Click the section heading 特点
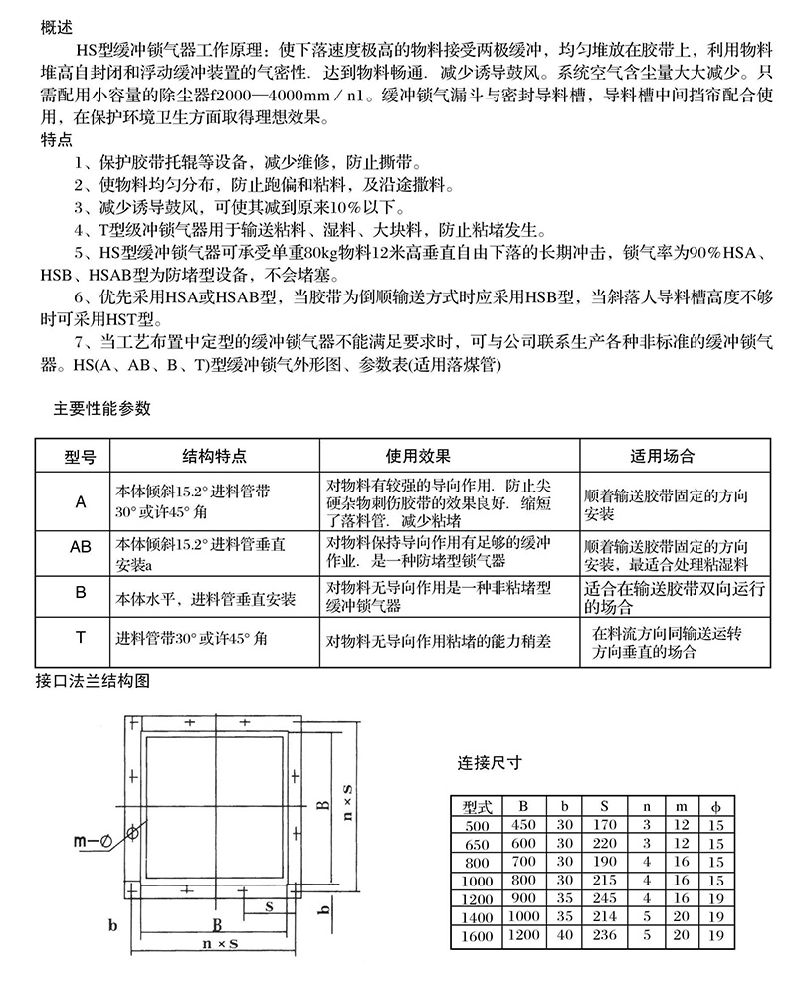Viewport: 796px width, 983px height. [x=57, y=138]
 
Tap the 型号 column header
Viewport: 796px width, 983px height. [x=80, y=456]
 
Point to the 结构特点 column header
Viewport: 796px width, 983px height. [x=214, y=456]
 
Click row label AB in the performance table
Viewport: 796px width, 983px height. [x=80, y=548]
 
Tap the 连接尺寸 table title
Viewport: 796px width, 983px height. [x=490, y=764]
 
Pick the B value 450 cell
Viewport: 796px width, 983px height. [x=523, y=825]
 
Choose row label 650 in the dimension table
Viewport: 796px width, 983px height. [x=478, y=842]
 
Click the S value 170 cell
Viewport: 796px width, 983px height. [x=604, y=825]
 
